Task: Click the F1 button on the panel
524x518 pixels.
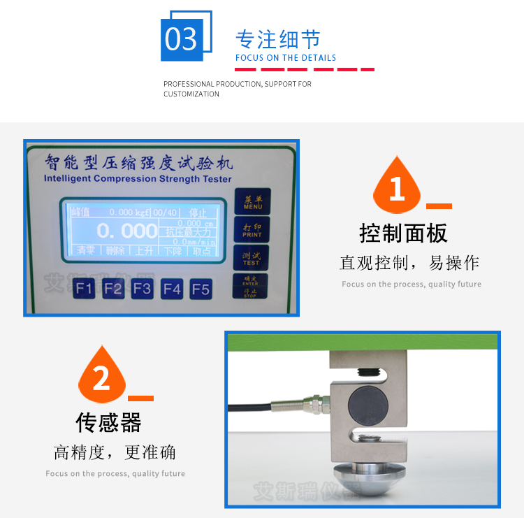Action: pos(85,288)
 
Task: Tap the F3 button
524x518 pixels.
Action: pos(142,288)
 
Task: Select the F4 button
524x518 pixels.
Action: pos(171,288)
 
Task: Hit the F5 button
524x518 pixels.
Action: pos(201,288)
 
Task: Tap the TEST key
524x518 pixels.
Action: pos(252,259)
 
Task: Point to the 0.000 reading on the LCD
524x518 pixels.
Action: pos(126,231)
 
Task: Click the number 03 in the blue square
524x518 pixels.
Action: pos(182,39)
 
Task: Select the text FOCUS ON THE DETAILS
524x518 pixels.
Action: pos(286,58)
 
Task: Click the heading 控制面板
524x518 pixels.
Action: pos(403,233)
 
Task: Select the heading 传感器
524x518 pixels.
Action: pos(108,422)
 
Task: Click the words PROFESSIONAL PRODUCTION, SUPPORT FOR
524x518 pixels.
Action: pos(238,84)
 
